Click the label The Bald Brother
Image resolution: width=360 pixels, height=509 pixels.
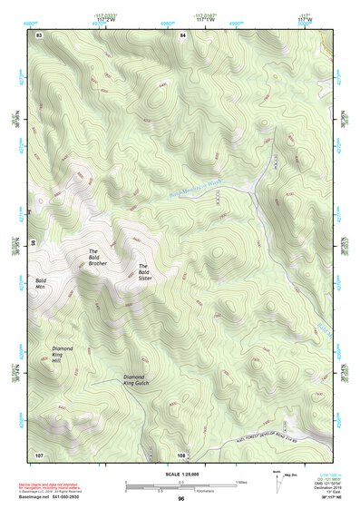(x=98, y=257)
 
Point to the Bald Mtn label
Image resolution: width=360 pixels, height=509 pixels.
(x=41, y=283)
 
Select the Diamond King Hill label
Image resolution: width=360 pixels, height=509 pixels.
(x=62, y=355)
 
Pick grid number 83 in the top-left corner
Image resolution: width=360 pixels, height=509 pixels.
(x=38, y=34)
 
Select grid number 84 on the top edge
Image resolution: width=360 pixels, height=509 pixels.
(x=182, y=34)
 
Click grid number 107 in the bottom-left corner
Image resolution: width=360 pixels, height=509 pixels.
(x=39, y=454)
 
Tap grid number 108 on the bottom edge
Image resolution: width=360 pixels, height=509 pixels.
(x=181, y=454)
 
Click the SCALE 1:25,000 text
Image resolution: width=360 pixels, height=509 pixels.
(x=180, y=475)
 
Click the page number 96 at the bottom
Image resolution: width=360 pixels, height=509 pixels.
(x=180, y=499)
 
